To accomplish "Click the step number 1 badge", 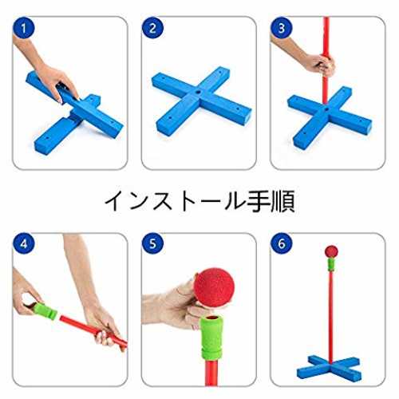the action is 24,28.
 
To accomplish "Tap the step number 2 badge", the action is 152,28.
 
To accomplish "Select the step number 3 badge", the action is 282,28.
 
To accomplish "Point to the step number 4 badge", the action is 24,243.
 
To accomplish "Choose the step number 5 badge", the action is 152,243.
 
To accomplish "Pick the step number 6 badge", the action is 282,243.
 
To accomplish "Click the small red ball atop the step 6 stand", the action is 331,251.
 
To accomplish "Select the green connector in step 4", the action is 45,310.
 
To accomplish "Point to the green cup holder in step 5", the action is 211,337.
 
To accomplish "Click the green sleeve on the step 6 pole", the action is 331,264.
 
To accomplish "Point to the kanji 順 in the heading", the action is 282,201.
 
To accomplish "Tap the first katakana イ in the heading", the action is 115,201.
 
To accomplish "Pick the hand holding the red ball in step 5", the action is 176,306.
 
